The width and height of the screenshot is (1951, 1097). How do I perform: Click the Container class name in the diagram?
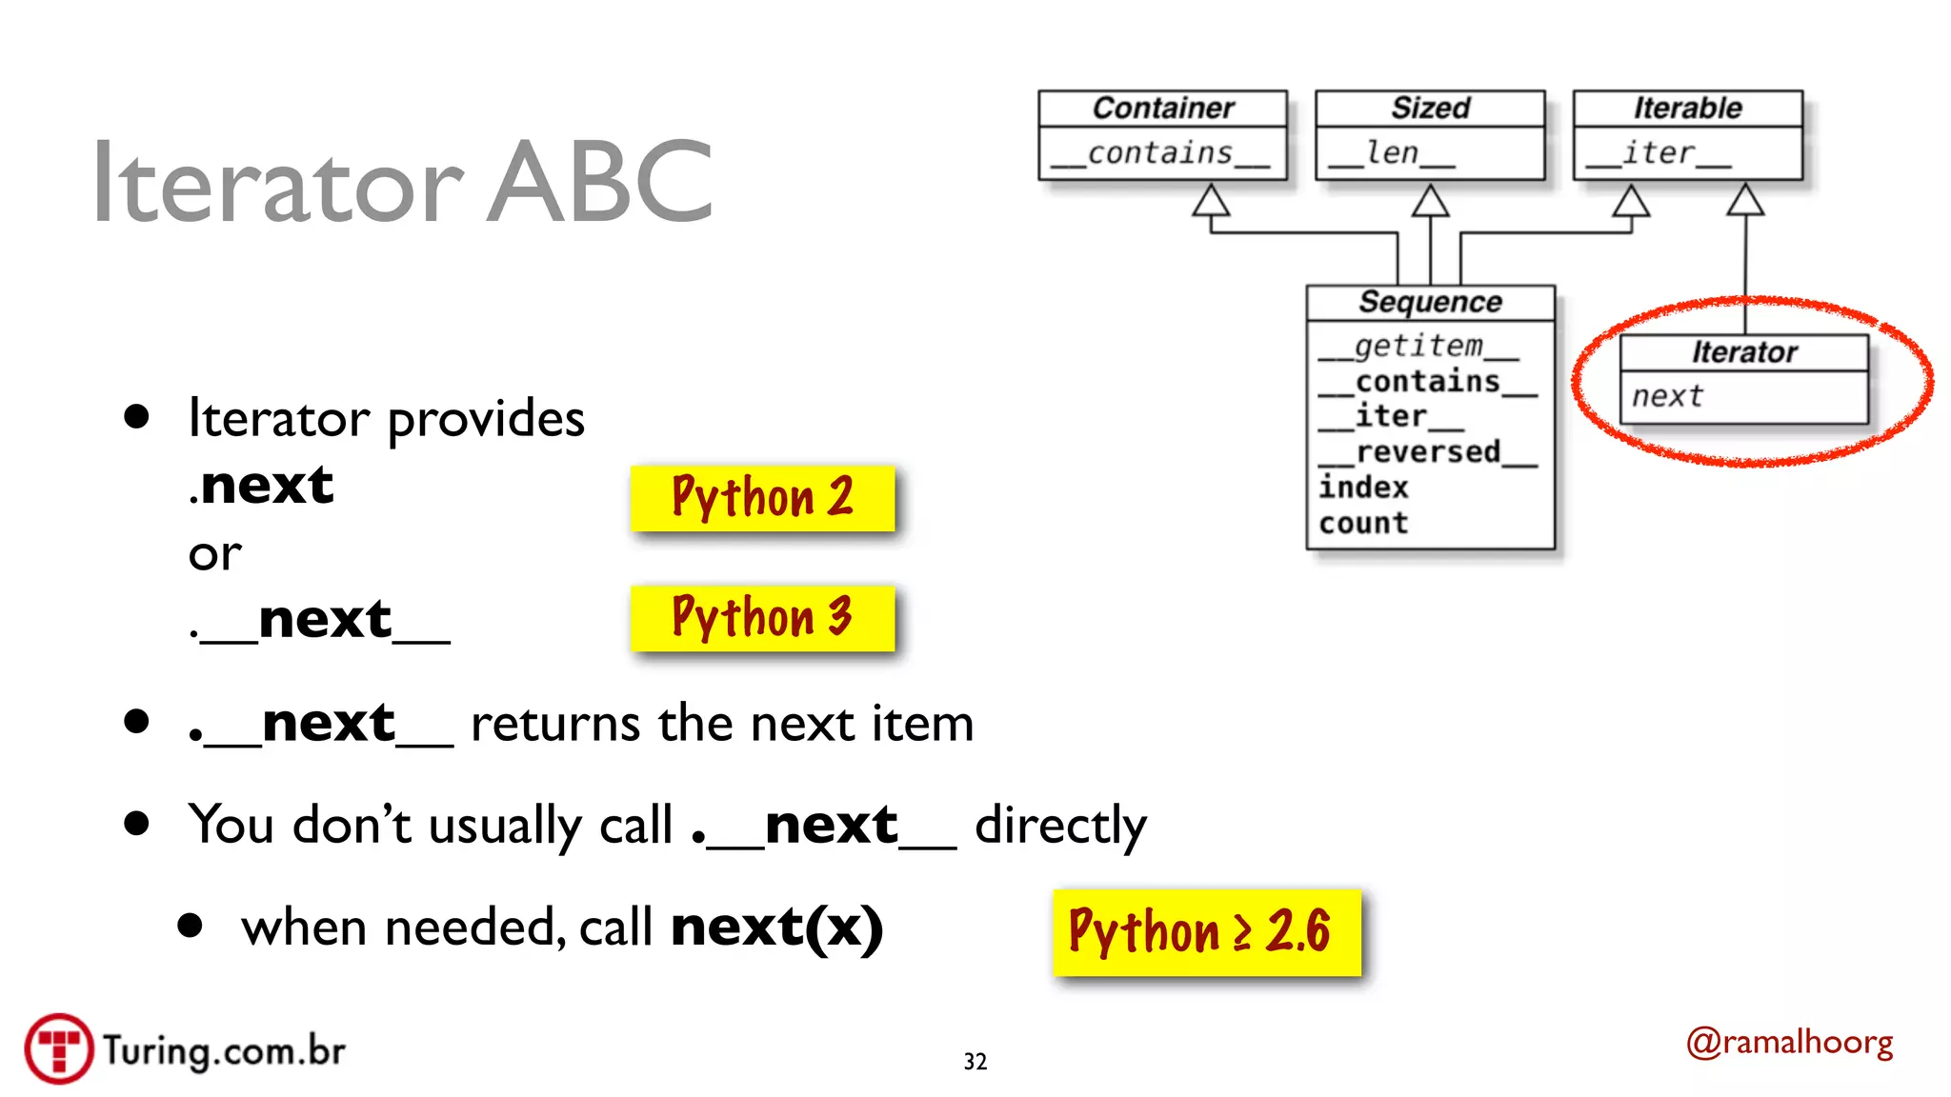tap(1162, 109)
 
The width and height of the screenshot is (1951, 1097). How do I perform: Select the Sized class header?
tap(1430, 109)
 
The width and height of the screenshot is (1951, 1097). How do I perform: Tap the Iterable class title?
tap(1687, 109)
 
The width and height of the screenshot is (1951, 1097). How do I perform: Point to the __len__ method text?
tap(1392, 153)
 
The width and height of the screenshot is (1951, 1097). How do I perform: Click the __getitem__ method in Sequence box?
tap(1418, 347)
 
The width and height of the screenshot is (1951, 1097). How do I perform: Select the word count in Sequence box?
tap(1363, 523)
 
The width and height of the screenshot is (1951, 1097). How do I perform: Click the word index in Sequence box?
tap(1363, 488)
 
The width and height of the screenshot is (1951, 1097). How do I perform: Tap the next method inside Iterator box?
tap(1667, 396)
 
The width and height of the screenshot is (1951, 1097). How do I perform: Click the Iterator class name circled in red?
tap(1744, 352)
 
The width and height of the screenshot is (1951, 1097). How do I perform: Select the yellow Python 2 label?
tap(762, 498)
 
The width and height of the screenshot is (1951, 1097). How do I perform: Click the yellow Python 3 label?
tap(762, 618)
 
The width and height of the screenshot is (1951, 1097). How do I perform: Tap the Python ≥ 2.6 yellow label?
tap(1206, 932)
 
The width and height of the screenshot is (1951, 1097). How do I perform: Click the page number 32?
tap(975, 1062)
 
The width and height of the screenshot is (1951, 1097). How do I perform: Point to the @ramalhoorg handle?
tap(1789, 1043)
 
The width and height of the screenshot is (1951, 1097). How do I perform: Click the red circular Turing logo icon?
tap(59, 1048)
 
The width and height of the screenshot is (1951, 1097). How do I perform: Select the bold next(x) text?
tap(776, 927)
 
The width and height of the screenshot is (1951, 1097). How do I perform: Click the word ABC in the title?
tap(600, 183)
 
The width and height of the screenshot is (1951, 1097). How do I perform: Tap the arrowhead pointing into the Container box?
tap(1211, 201)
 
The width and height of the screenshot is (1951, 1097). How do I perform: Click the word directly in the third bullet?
tap(1060, 826)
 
